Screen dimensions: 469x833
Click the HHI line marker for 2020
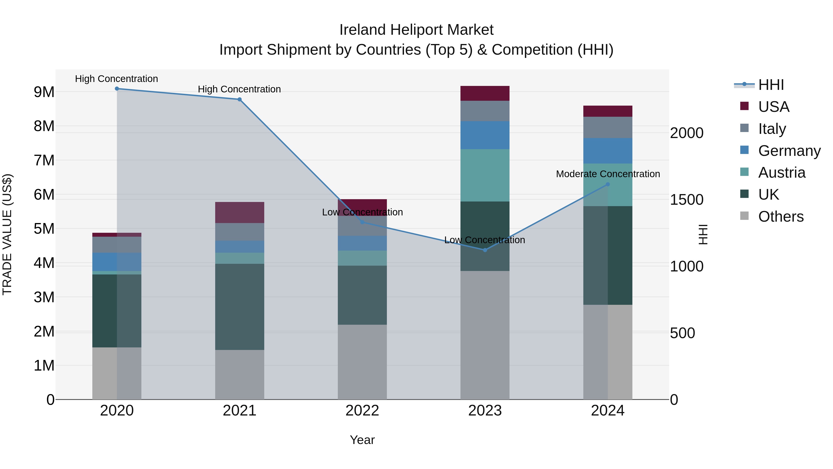pyautogui.click(x=117, y=89)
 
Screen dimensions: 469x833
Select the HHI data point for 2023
pyautogui.click(x=485, y=250)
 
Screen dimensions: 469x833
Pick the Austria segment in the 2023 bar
pyautogui.click(x=485, y=175)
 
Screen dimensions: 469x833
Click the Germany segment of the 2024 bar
pyautogui.click(x=608, y=151)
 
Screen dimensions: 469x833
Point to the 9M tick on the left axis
pyautogui.click(x=44, y=92)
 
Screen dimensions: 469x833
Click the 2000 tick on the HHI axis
pyautogui.click(x=686, y=133)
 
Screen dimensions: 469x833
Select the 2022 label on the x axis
pyautogui.click(x=362, y=410)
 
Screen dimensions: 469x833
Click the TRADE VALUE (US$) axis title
pyautogui.click(x=7, y=234)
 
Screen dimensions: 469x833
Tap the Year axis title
pyautogui.click(x=362, y=440)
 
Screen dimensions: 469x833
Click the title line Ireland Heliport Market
pyautogui.click(x=416, y=30)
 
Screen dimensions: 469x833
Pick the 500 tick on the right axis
pyautogui.click(x=682, y=333)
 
